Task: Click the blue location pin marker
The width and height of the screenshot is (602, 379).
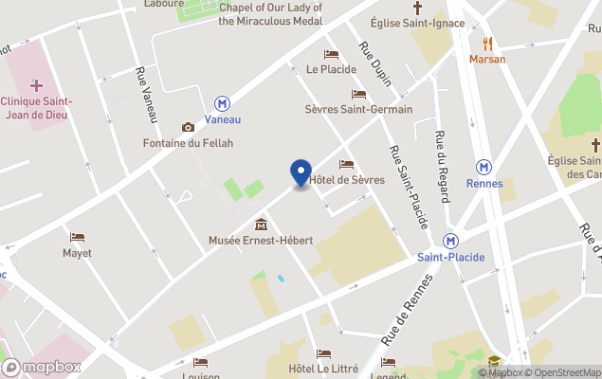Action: pos(301,173)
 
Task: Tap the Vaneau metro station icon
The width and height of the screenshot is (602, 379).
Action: pos(223,103)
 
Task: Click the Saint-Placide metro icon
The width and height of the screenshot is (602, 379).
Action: pos(451,241)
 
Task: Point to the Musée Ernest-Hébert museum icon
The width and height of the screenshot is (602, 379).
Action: pos(261,225)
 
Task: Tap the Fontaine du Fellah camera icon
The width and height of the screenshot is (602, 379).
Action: pos(188,127)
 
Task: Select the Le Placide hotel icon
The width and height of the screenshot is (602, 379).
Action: pos(331,54)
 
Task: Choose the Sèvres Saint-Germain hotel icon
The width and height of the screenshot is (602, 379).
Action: pos(358,94)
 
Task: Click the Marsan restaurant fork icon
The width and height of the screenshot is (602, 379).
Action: pos(487,43)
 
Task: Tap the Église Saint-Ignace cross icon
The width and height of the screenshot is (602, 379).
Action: pos(417,8)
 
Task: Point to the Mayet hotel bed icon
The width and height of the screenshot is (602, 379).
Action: pos(77,237)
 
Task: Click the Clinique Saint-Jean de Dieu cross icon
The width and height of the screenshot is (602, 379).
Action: pos(36,85)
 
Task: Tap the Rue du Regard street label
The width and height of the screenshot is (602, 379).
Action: pos(442,166)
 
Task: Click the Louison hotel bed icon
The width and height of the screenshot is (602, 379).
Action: pos(200,361)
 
